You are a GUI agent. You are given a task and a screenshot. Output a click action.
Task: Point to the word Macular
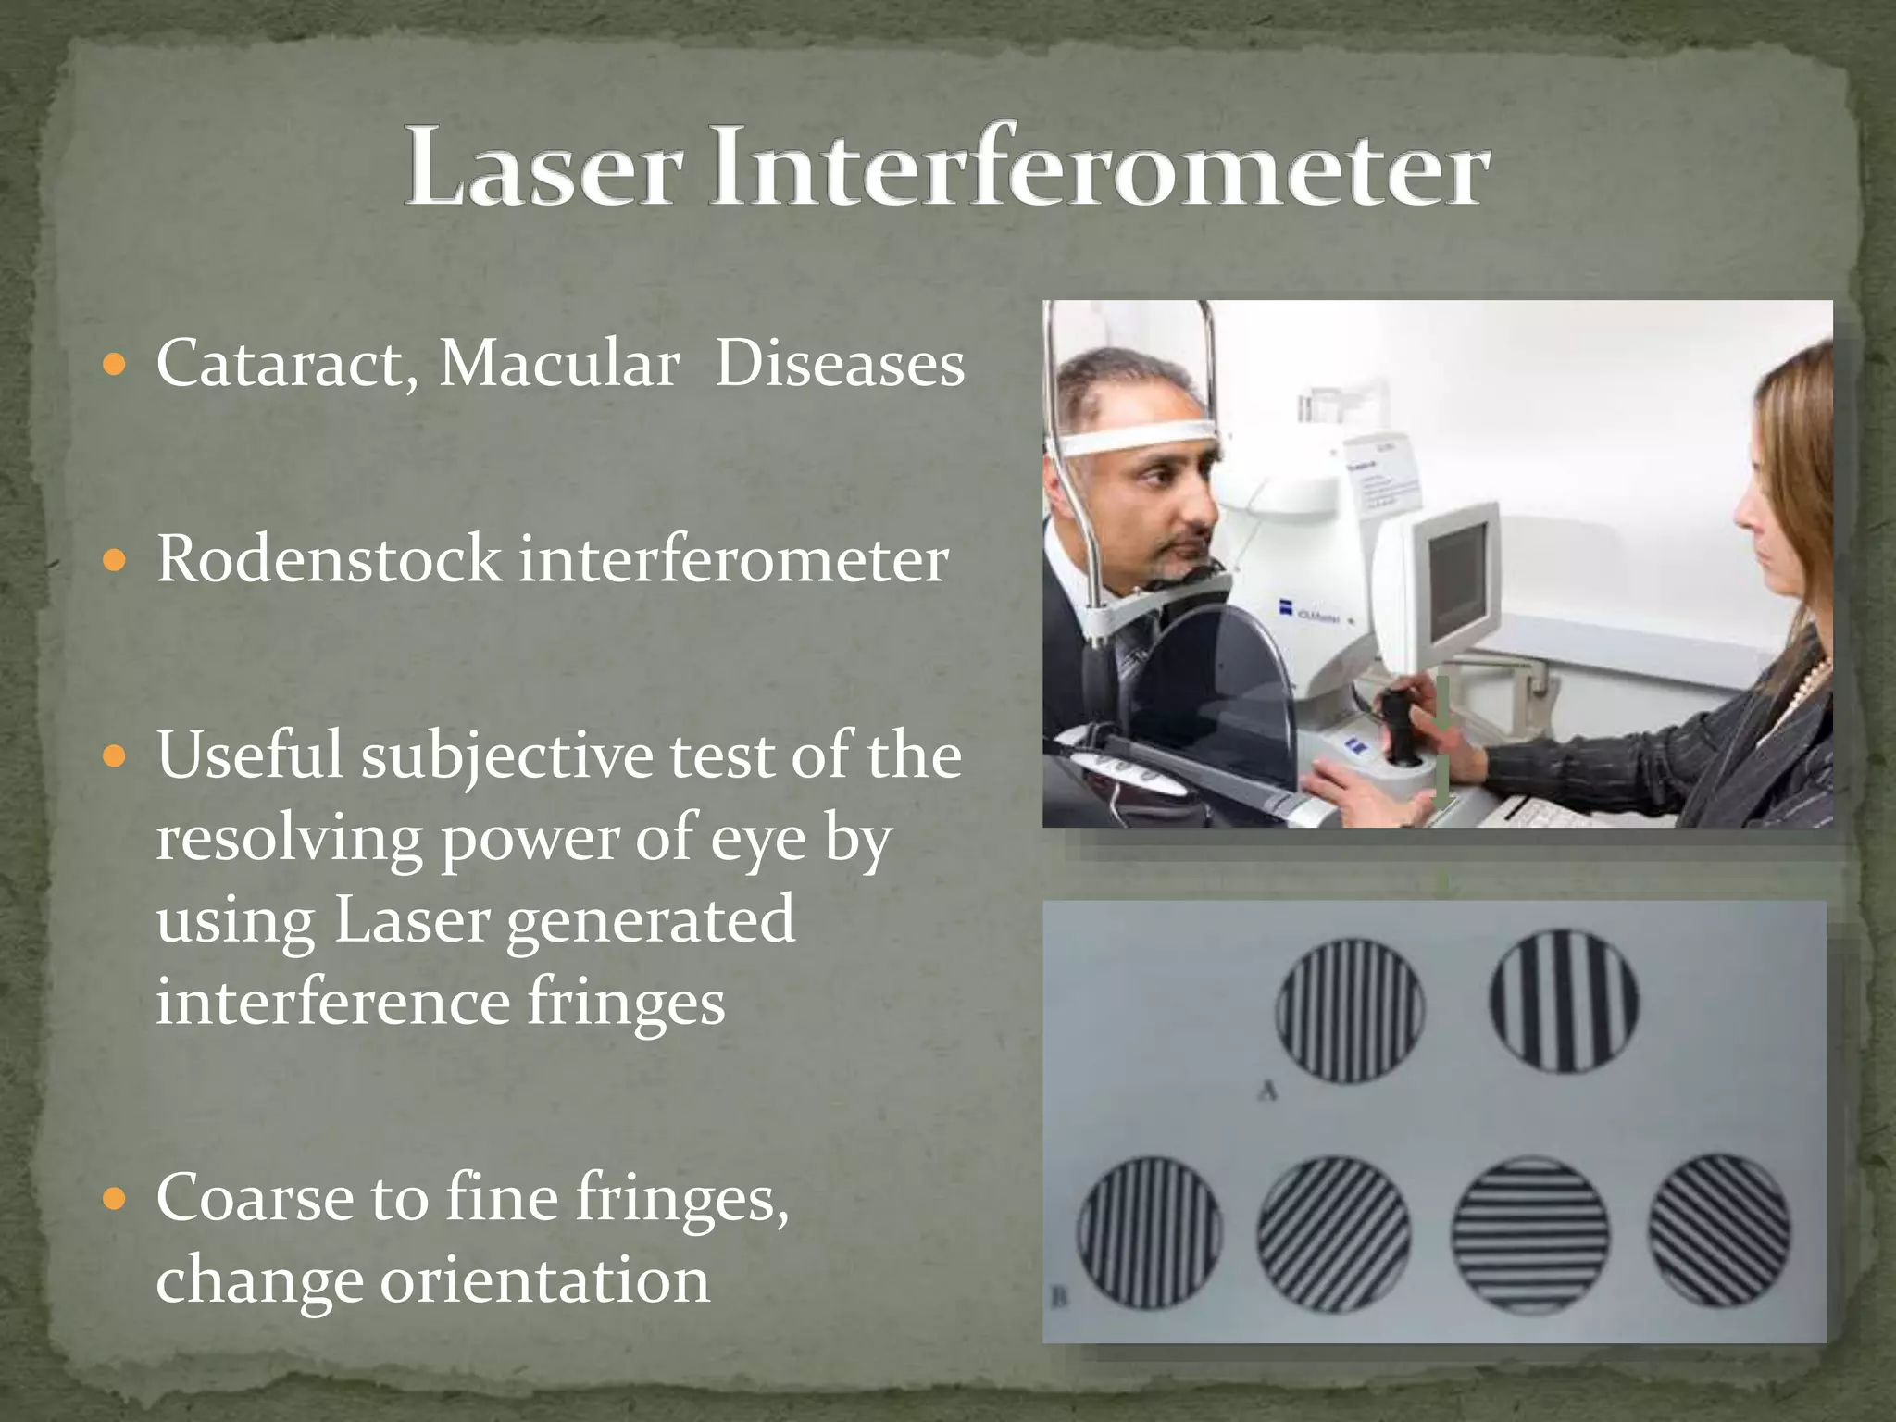tap(559, 363)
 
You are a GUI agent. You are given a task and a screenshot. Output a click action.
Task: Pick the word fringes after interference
tap(626, 1002)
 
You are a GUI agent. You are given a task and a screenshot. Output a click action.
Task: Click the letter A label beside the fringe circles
tap(1268, 1091)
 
